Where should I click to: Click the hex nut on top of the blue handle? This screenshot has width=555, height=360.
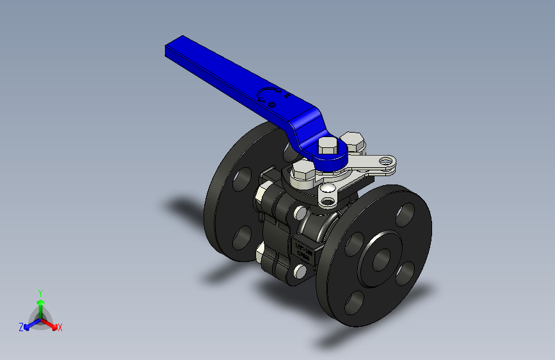point(327,145)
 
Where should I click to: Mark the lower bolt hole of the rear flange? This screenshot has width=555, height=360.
point(243,239)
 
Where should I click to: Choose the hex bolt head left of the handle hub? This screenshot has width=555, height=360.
point(303,171)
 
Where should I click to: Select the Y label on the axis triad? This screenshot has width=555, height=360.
point(40,291)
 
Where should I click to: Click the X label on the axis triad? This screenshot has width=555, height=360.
point(60,328)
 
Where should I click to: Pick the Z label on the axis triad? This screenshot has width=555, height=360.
point(21,327)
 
